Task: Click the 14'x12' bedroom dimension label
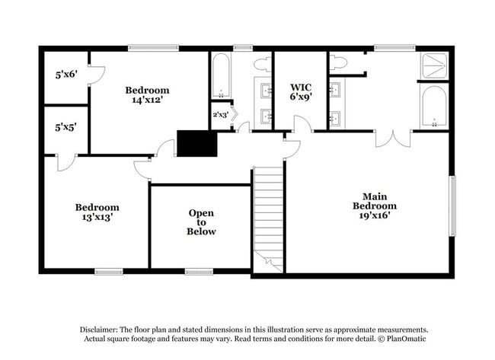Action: [147, 99]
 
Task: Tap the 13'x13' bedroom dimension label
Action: [97, 217]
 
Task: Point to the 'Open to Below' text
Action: [201, 222]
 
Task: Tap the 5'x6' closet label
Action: [66, 75]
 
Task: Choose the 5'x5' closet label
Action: [66, 129]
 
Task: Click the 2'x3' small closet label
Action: [220, 114]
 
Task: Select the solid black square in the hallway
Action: [196, 143]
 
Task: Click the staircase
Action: [268, 219]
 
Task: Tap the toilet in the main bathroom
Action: [338, 62]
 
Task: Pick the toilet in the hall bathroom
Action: [262, 63]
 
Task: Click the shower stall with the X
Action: [434, 65]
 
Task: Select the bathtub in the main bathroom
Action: [434, 107]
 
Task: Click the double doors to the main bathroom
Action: [393, 138]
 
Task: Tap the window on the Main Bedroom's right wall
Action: [452, 205]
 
